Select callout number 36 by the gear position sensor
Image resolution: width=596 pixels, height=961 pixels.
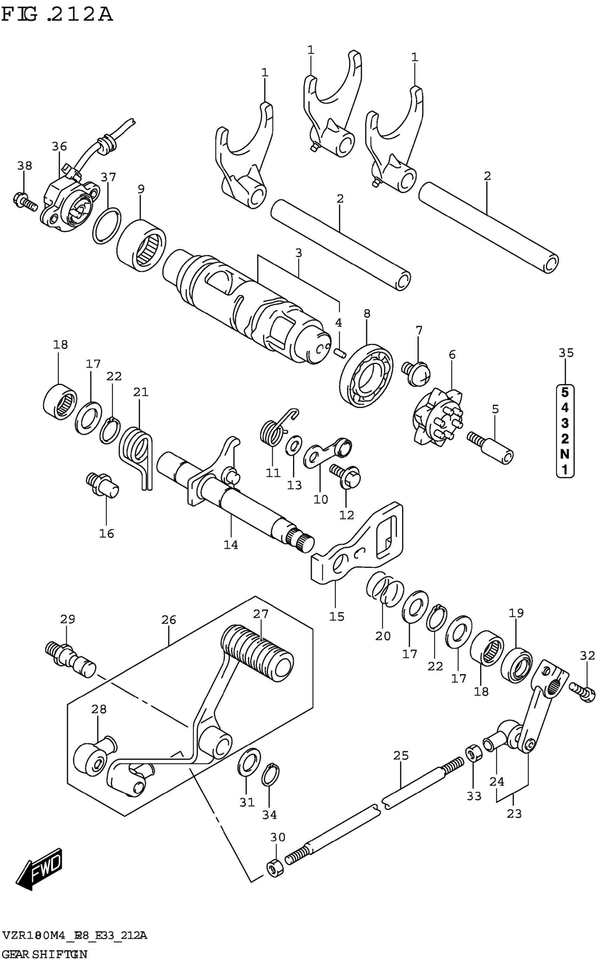[x=60, y=147]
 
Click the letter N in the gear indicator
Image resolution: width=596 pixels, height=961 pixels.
[x=565, y=454]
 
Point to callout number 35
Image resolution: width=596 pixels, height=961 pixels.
[x=566, y=353]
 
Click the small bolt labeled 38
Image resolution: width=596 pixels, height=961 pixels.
[x=26, y=200]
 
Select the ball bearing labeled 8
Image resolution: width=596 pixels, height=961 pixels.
[x=367, y=375]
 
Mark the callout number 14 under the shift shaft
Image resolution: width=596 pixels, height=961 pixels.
[x=231, y=545]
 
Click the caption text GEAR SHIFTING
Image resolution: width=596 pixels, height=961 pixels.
[x=45, y=951]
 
